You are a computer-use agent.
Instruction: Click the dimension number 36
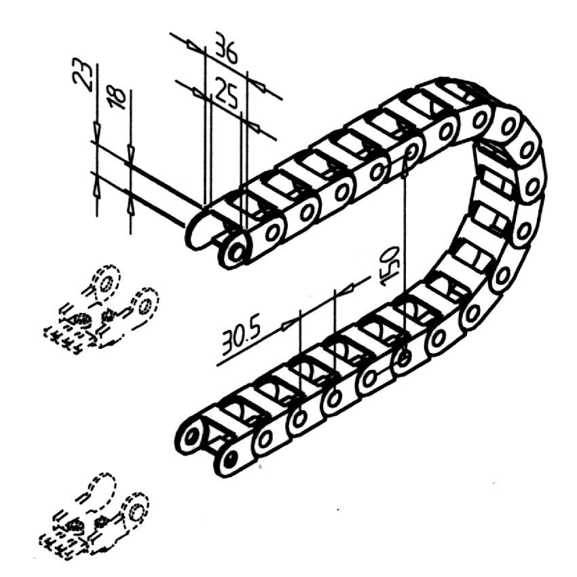[x=225, y=48]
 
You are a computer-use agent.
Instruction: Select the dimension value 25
[x=226, y=93]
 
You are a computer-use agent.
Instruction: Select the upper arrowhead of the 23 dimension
[x=97, y=130]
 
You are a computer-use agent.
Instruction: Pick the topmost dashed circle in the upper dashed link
[x=107, y=282]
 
